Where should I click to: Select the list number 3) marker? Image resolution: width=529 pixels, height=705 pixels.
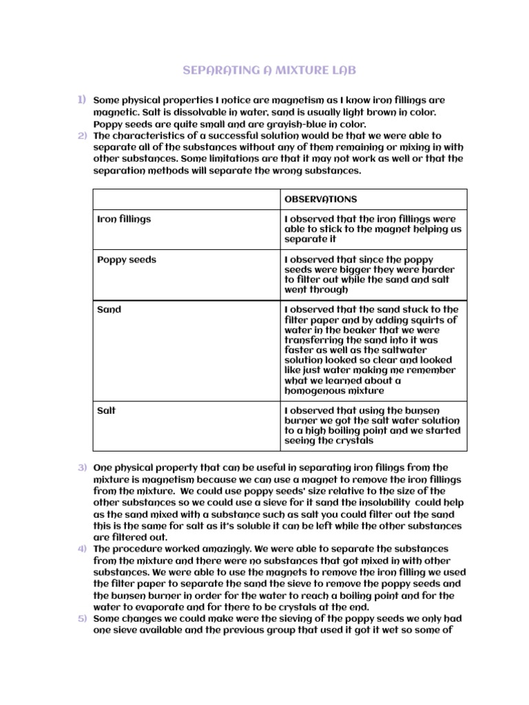pyautogui.click(x=81, y=467)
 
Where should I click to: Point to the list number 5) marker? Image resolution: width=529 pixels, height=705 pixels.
pyautogui.click(x=81, y=618)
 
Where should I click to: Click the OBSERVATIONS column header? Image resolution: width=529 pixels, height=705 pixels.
pyautogui.click(x=320, y=199)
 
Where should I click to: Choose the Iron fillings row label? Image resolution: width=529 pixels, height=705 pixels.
pyautogui.click(x=124, y=219)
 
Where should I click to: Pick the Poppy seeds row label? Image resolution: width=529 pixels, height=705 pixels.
pyautogui.click(x=127, y=260)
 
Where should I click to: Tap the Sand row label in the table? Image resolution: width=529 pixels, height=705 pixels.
pyautogui.click(x=109, y=309)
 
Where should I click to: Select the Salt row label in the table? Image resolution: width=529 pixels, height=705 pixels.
pyautogui.click(x=107, y=410)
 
